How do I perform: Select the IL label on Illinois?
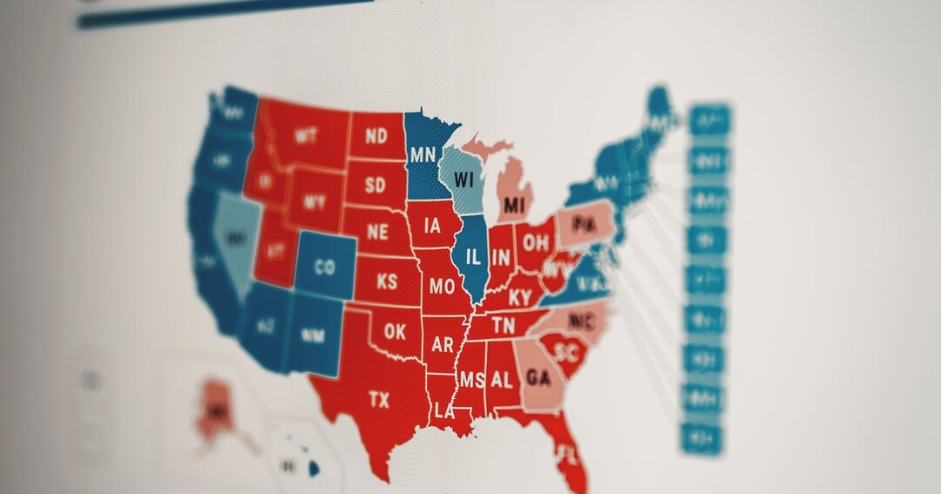tap(473, 257)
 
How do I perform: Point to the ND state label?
tap(376, 136)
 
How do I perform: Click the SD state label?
tap(376, 185)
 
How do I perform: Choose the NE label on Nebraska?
tap(377, 233)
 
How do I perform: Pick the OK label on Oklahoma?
tap(395, 332)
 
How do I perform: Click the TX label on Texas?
tap(379, 400)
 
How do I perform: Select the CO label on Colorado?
tap(324, 267)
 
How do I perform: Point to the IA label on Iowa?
tap(432, 227)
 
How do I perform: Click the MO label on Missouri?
tap(443, 286)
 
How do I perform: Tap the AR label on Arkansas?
tap(443, 345)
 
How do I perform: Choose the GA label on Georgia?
tap(538, 379)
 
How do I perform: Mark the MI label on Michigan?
tap(515, 206)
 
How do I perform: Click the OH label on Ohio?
tap(536, 242)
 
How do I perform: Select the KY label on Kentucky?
tap(520, 297)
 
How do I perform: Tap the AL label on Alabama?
tap(501, 380)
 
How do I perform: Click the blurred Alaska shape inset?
tap(215, 409)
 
